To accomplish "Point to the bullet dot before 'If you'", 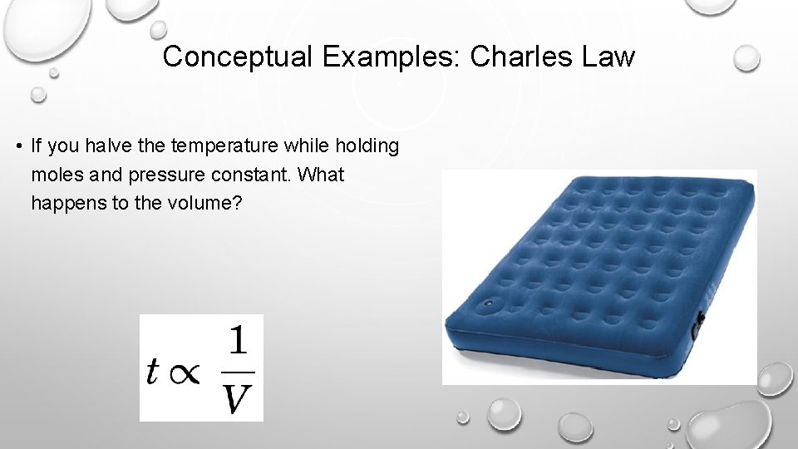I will (x=17, y=147).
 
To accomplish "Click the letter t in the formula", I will (x=151, y=371).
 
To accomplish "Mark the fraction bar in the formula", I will (x=238, y=372).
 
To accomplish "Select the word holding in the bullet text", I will (x=367, y=146).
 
